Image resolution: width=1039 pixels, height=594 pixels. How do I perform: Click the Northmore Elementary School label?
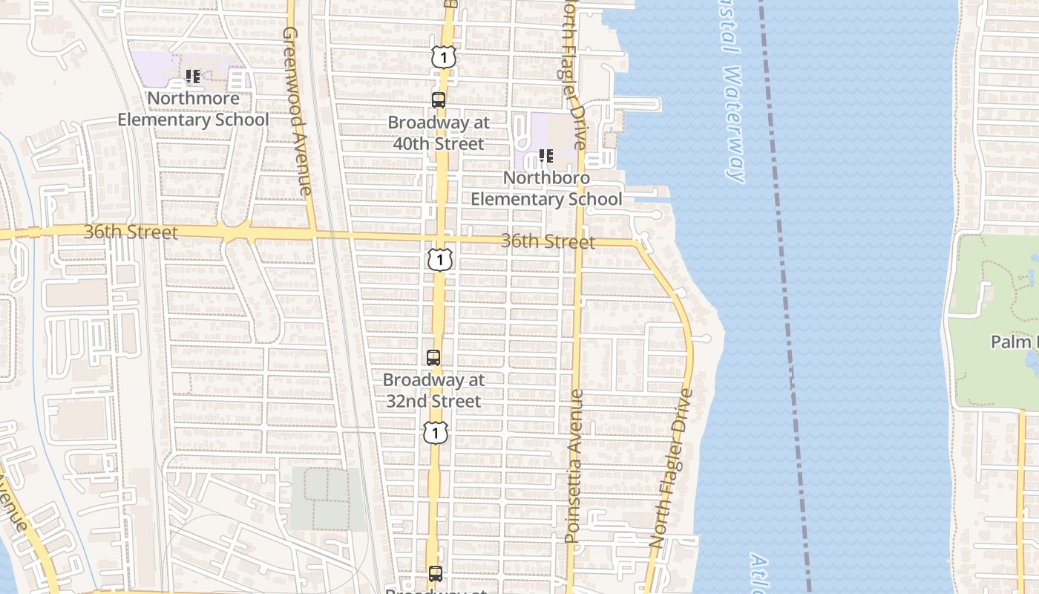[193, 109]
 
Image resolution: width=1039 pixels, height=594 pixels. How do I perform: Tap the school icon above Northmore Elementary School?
[193, 76]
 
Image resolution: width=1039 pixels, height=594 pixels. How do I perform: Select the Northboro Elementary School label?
[547, 189]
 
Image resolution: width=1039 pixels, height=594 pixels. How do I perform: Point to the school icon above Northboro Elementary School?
[546, 156]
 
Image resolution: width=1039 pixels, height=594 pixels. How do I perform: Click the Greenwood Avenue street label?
[298, 111]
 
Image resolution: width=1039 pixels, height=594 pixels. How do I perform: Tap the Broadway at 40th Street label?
[439, 133]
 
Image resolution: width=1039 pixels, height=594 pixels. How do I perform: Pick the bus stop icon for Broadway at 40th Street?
[439, 100]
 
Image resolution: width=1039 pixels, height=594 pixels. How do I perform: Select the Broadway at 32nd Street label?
[433, 391]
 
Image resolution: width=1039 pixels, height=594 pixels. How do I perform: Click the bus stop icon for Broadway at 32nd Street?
[433, 357]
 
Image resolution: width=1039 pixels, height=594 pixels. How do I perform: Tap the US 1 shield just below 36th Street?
[440, 260]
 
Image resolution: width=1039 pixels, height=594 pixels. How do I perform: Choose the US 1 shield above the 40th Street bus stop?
[442, 56]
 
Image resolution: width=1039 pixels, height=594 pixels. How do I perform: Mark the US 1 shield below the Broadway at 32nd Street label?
[436, 432]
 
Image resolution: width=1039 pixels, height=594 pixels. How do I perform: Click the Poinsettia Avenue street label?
[574, 466]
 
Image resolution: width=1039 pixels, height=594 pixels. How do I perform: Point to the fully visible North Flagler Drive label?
[672, 469]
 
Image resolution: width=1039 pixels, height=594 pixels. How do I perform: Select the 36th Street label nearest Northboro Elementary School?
[548, 241]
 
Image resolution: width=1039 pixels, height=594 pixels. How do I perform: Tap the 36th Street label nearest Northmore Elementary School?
[131, 232]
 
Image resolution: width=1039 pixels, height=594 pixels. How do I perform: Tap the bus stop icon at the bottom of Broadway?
[436, 573]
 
